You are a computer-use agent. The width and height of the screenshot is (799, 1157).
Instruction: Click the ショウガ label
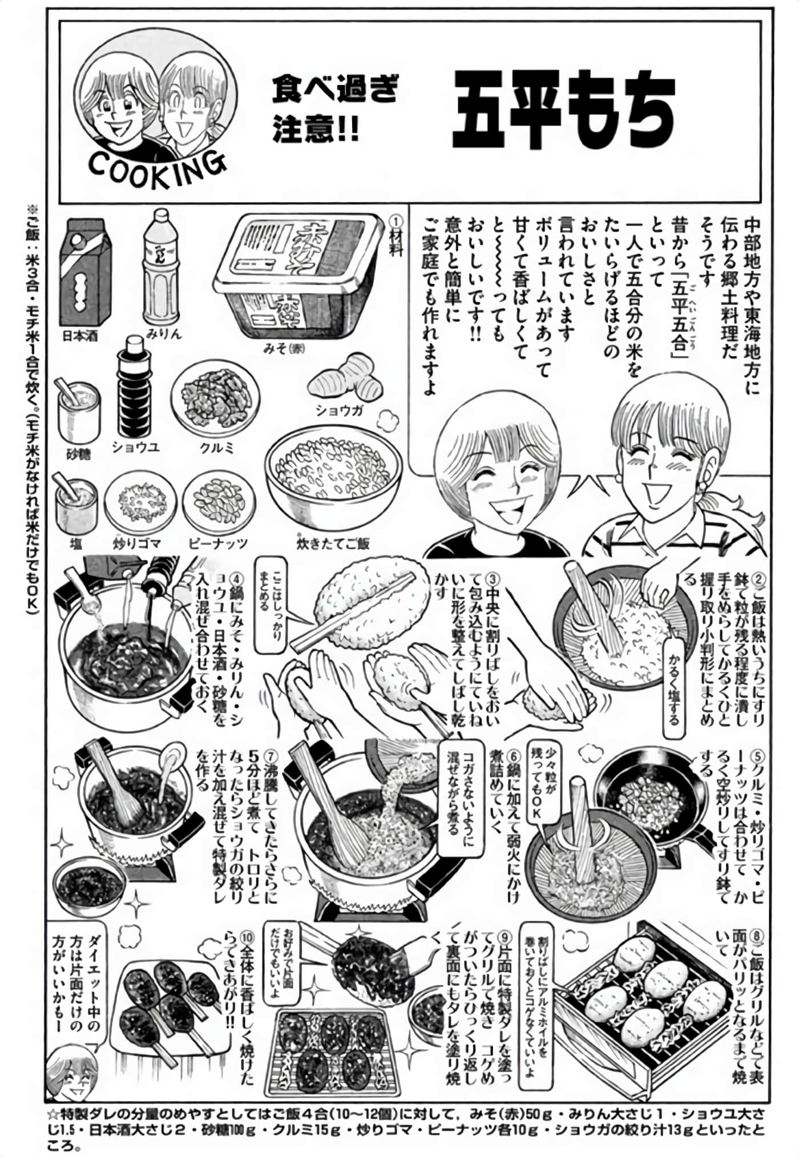coord(340,410)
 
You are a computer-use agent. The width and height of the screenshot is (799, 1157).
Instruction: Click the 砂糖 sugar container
coord(78,412)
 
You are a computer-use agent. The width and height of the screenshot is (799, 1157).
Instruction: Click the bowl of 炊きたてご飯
coord(333,479)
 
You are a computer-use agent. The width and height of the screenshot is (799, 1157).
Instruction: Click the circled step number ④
coord(233,577)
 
